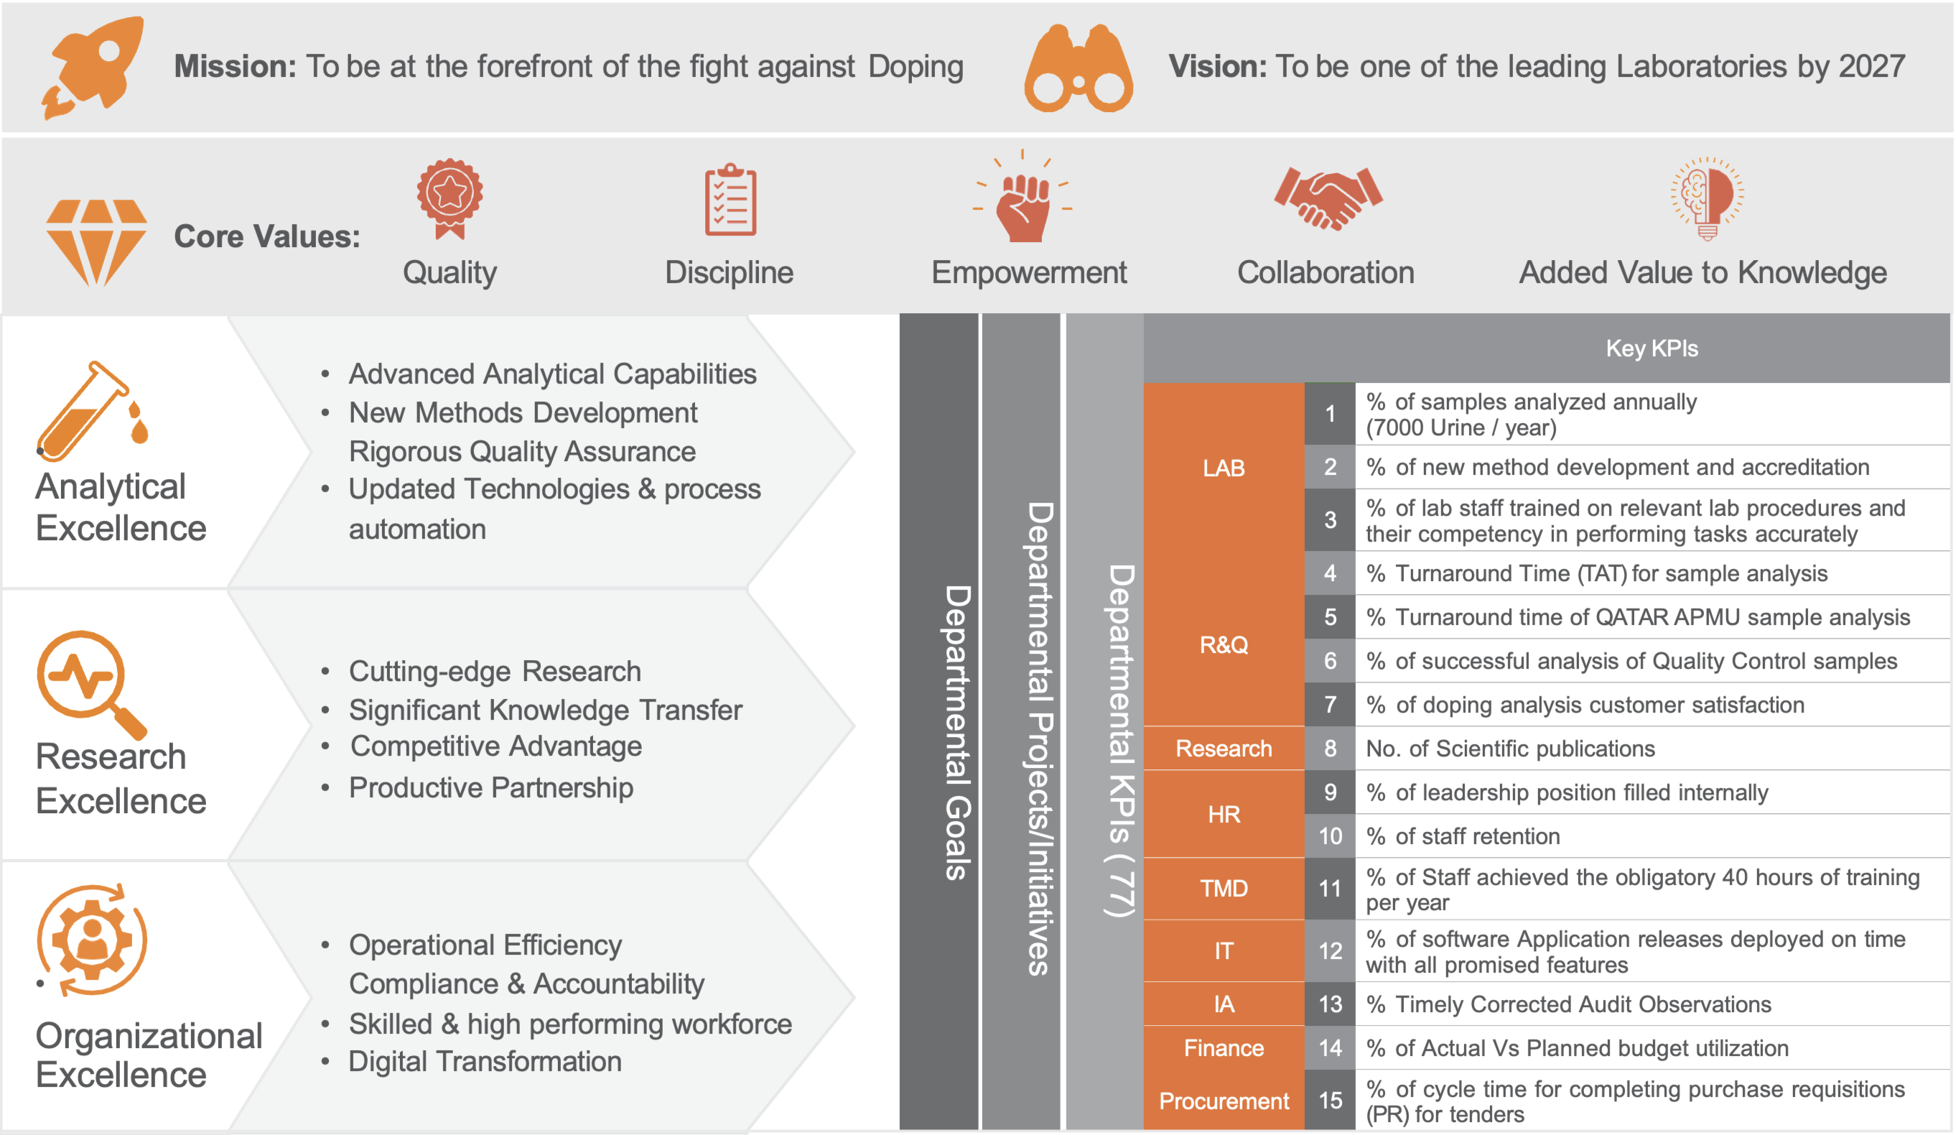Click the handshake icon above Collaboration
coord(1327,199)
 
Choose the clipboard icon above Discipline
coord(730,200)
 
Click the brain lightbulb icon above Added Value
coord(1707,198)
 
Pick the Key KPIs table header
coord(1652,348)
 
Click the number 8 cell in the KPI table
coord(1330,749)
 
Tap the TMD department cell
coord(1224,888)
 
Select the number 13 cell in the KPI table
coord(1330,1004)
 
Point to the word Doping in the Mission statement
coord(916,68)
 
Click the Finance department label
coord(1224,1048)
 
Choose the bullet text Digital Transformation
coord(485,1061)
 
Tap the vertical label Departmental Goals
coord(958,732)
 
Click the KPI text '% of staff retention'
coord(1463,836)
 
